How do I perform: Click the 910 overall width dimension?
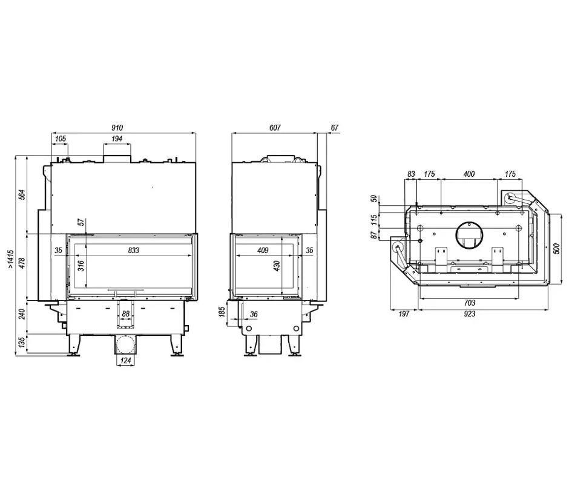[117, 128]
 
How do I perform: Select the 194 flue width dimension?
[117, 139]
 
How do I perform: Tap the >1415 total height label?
[11, 260]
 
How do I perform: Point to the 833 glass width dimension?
[134, 250]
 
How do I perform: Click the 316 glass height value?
[81, 266]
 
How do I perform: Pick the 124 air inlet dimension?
[125, 360]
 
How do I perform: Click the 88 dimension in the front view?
[125, 314]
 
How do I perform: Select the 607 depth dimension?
[275, 128]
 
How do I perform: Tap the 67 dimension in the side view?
[334, 128]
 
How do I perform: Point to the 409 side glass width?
[262, 250]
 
